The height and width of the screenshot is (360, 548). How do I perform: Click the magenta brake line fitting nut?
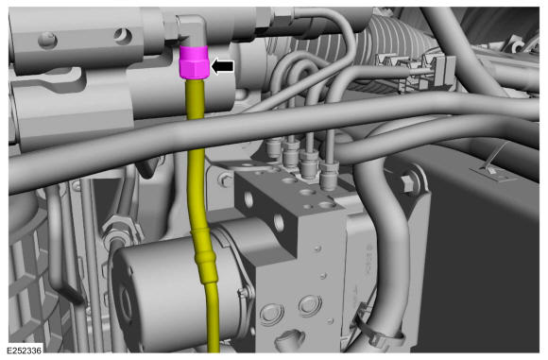pos(194,62)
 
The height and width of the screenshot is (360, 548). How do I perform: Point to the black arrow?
pos(223,66)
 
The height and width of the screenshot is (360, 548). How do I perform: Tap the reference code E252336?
pos(25,350)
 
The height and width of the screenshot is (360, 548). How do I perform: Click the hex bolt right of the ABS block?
pos(407,183)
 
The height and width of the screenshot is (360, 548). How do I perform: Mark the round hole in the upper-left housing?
pos(122,35)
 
